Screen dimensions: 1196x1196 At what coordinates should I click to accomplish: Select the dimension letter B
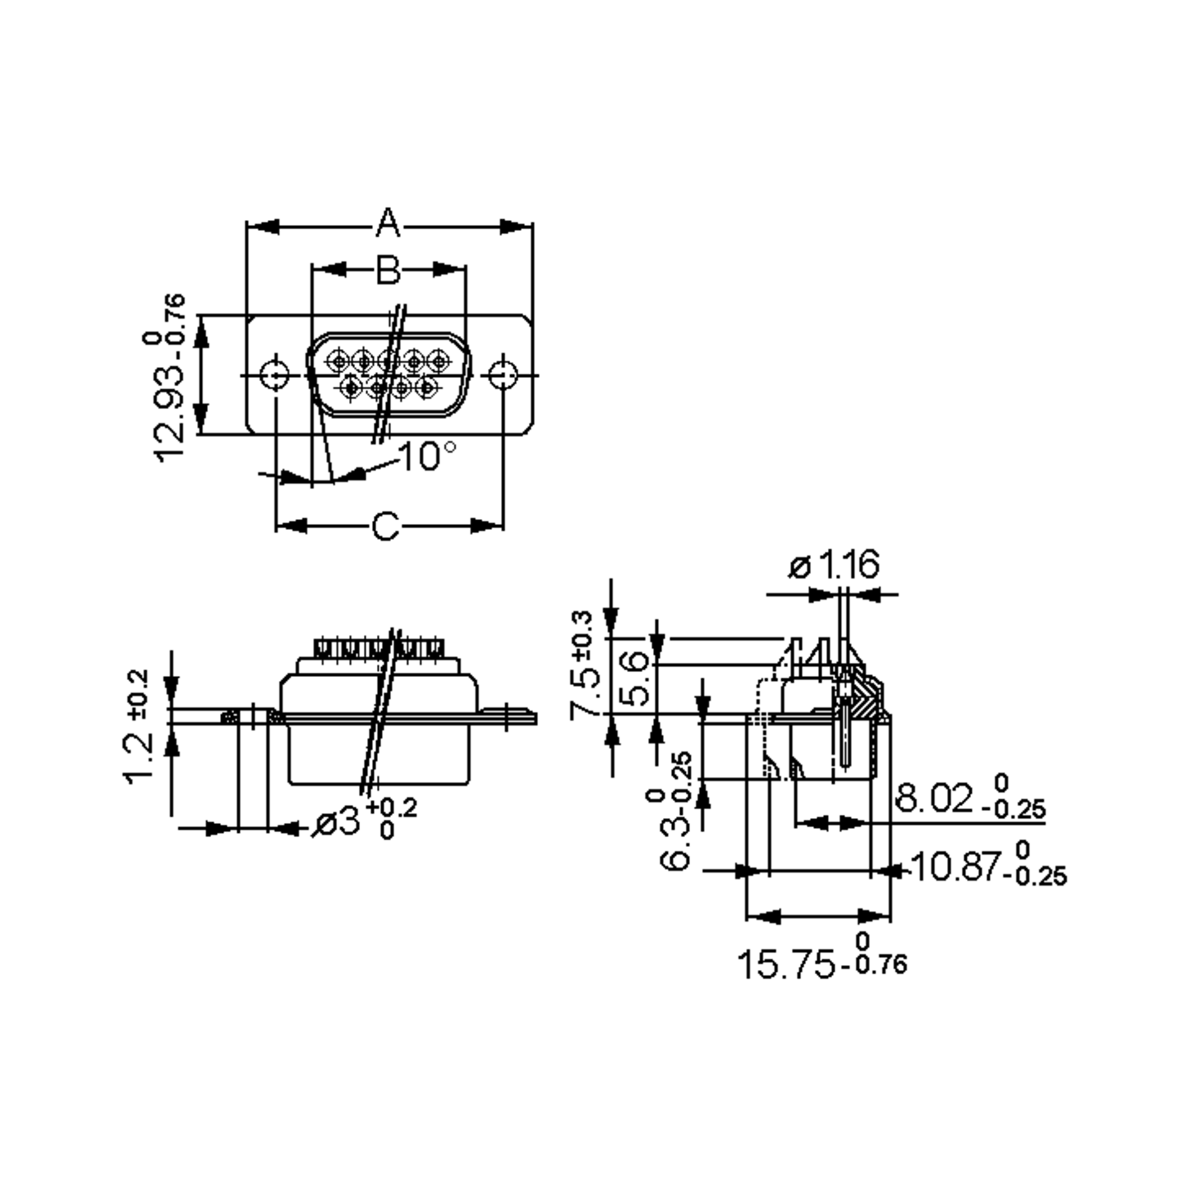click(388, 270)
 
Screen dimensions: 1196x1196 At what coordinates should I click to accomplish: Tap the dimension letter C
click(385, 527)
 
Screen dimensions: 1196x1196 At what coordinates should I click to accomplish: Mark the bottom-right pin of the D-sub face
click(427, 388)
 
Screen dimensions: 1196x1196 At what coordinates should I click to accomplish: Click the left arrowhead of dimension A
click(263, 227)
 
